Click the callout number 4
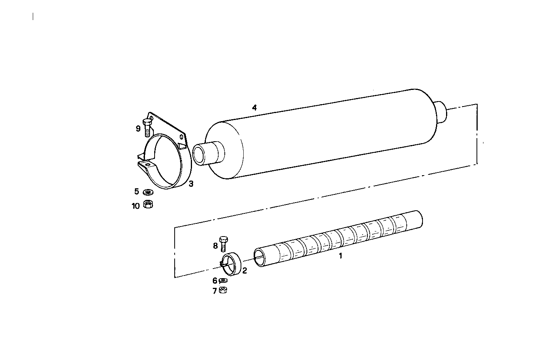[x=254, y=107]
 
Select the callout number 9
[x=138, y=128]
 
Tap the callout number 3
[x=191, y=184]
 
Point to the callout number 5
[x=136, y=191]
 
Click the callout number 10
[x=135, y=206]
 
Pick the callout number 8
[x=215, y=245]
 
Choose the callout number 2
[x=244, y=270]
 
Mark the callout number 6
[x=215, y=281]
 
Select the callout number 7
[x=215, y=291]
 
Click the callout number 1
[x=340, y=255]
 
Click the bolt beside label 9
[x=147, y=127]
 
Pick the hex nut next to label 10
[x=148, y=205]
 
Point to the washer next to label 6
[x=223, y=281]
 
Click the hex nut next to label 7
[x=222, y=290]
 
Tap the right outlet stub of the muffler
[x=441, y=112]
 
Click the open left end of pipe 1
[x=259, y=258]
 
